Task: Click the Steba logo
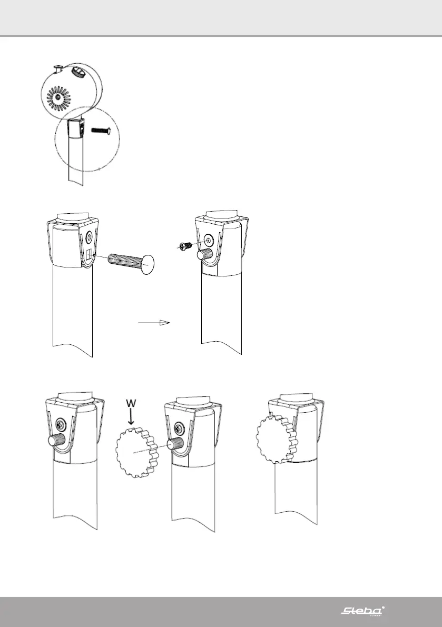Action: [362, 611]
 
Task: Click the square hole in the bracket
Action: [89, 256]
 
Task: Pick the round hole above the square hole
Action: [89, 237]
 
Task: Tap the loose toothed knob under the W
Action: [134, 452]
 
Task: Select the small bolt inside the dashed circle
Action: [101, 130]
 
